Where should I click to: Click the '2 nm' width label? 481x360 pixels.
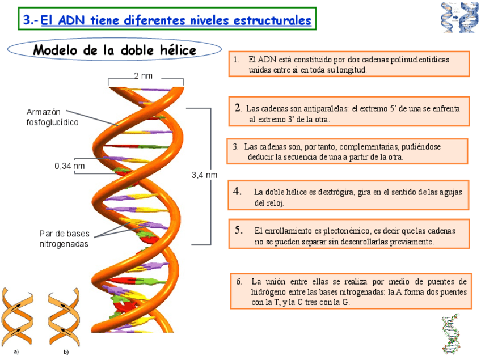click(x=143, y=76)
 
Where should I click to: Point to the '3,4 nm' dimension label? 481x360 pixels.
click(x=204, y=175)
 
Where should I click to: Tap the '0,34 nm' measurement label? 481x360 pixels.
click(x=69, y=166)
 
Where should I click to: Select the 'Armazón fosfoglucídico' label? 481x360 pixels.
click(x=52, y=117)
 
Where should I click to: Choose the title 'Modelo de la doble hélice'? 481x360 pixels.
click(x=115, y=50)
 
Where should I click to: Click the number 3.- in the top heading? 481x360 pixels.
click(x=31, y=20)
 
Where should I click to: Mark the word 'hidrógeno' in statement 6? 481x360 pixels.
click(x=269, y=292)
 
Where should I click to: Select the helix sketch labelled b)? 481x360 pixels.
click(x=64, y=317)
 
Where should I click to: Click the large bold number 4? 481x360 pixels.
click(x=238, y=191)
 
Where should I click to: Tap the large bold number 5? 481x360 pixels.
click(x=239, y=230)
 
